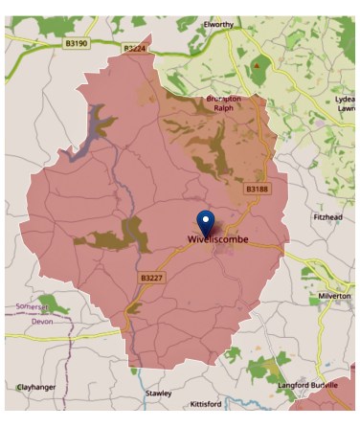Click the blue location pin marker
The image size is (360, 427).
tap(205, 220)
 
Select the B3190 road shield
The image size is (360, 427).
tap(78, 43)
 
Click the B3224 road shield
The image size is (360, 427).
tap(135, 47)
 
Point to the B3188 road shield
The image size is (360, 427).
tap(257, 190)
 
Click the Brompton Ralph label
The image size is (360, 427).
tap(224, 102)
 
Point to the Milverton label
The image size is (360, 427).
tap(335, 297)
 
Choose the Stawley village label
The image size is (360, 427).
tap(158, 393)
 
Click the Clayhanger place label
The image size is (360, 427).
tap(37, 387)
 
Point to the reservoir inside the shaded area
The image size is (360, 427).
tap(93, 132)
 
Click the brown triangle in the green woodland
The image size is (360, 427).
tap(256, 65)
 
